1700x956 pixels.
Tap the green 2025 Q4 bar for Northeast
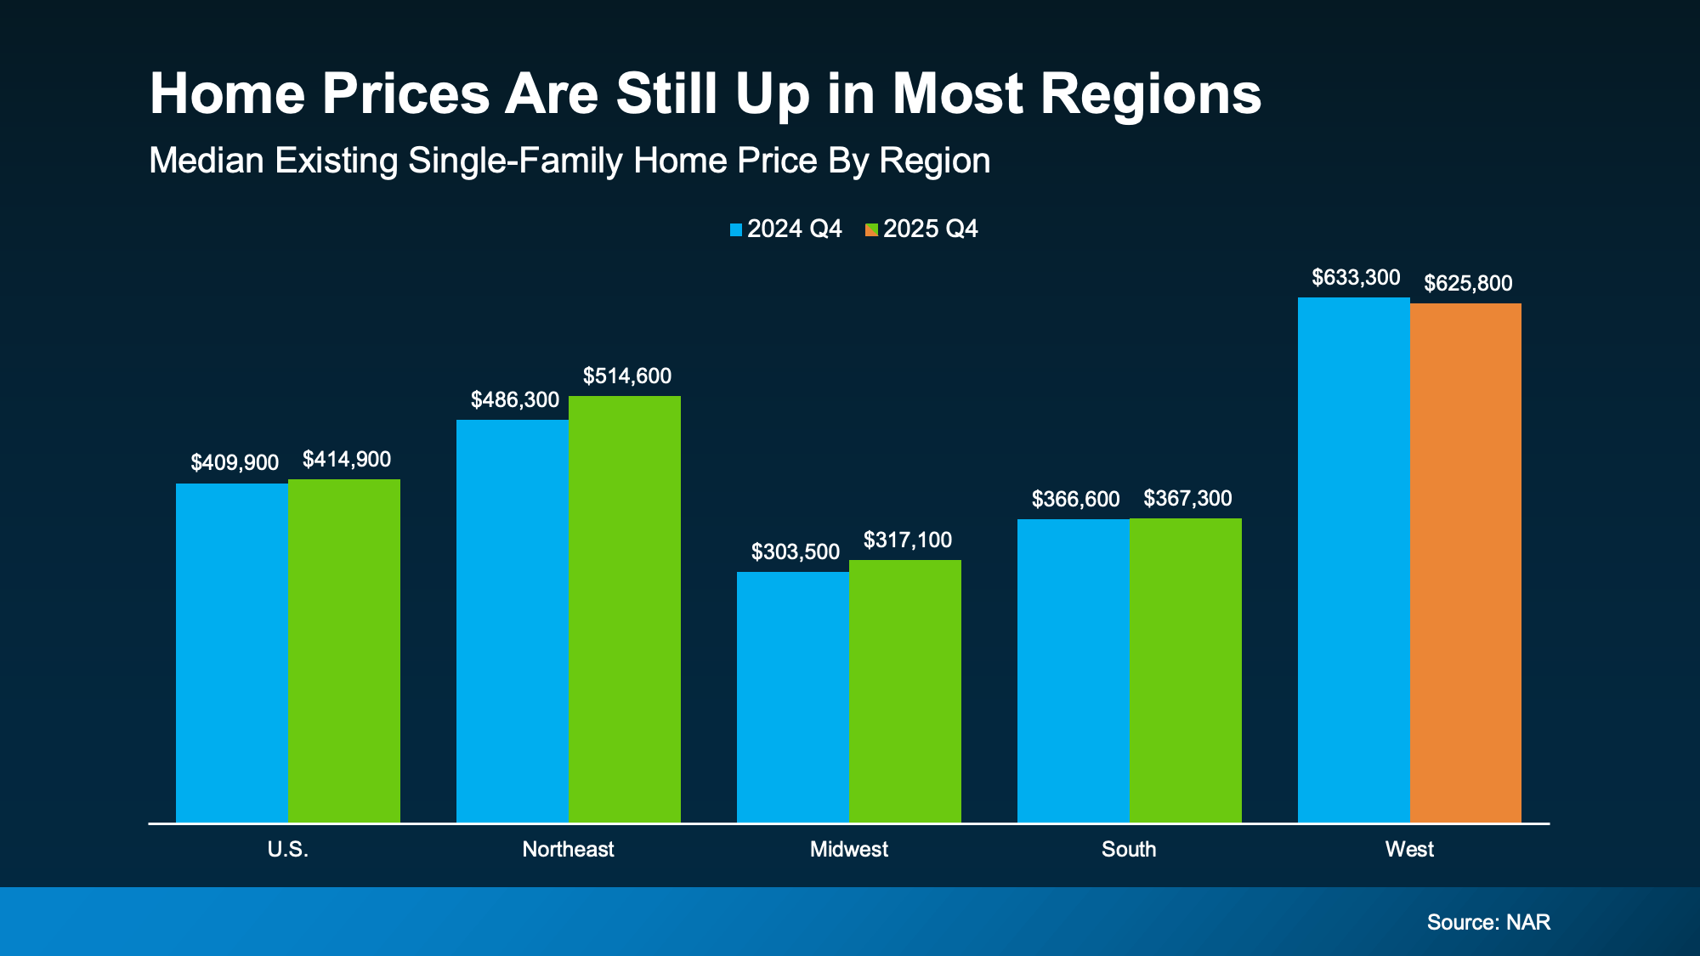624,608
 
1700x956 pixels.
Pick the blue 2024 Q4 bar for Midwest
792,697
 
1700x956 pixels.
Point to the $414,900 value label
347,460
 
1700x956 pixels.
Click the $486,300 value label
515,400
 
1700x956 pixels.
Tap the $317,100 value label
908,540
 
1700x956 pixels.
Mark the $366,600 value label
1075,500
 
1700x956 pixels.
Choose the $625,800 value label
1468,284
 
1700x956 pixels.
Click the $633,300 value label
1356,278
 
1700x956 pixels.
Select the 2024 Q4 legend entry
785,229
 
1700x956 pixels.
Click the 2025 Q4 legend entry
921,229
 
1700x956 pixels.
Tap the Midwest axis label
848,849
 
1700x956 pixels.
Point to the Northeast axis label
568,849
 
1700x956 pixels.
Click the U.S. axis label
287,849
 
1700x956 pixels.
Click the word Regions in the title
1151,93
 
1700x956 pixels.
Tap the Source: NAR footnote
1488,922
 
